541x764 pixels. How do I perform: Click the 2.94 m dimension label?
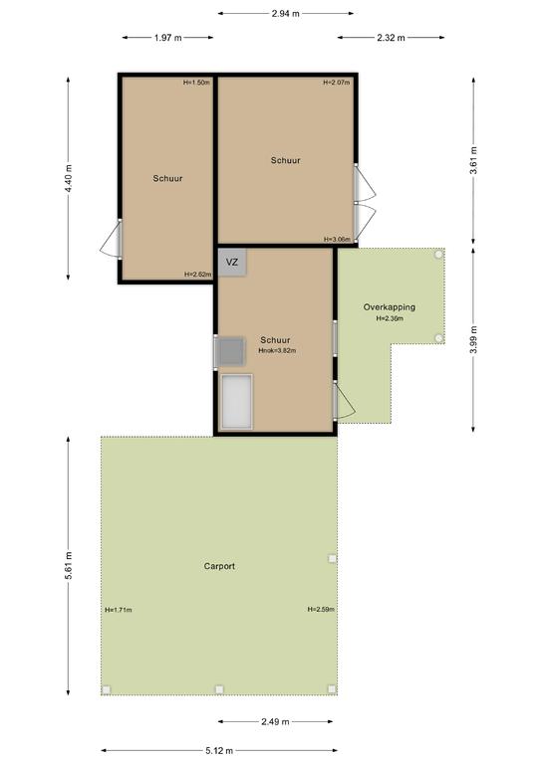tap(285, 14)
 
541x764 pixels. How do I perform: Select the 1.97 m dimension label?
tap(167, 38)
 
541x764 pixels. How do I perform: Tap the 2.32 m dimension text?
tap(391, 38)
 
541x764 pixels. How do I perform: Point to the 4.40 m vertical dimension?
tap(69, 178)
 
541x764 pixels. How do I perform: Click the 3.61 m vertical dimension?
tap(473, 160)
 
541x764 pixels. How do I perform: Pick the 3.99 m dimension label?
tap(473, 339)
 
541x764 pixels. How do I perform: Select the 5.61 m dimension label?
tap(69, 566)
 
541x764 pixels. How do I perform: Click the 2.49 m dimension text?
tap(275, 721)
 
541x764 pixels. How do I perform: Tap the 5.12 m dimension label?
tap(218, 751)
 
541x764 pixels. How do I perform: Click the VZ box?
tap(232, 263)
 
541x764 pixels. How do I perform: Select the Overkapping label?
tap(390, 307)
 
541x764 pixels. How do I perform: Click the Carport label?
tap(219, 566)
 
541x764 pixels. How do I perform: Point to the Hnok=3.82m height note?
tap(277, 350)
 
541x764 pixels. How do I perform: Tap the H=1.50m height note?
tap(196, 83)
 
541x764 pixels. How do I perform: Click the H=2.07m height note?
tap(337, 83)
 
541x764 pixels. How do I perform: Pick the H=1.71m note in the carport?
tap(119, 610)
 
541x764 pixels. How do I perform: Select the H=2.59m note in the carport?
tap(321, 609)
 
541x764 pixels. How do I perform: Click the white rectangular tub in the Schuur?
tap(236, 402)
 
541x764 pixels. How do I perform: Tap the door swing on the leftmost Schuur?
tap(111, 239)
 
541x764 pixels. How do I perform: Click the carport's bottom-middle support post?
tap(219, 689)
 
